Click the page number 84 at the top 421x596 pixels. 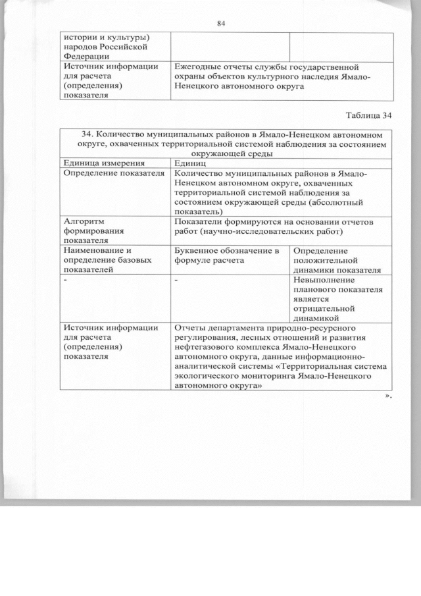(x=221, y=24)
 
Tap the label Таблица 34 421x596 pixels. (x=369, y=115)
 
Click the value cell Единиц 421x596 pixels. (x=191, y=163)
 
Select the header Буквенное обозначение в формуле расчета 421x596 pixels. (x=227, y=255)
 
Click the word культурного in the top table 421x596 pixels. (x=281, y=77)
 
